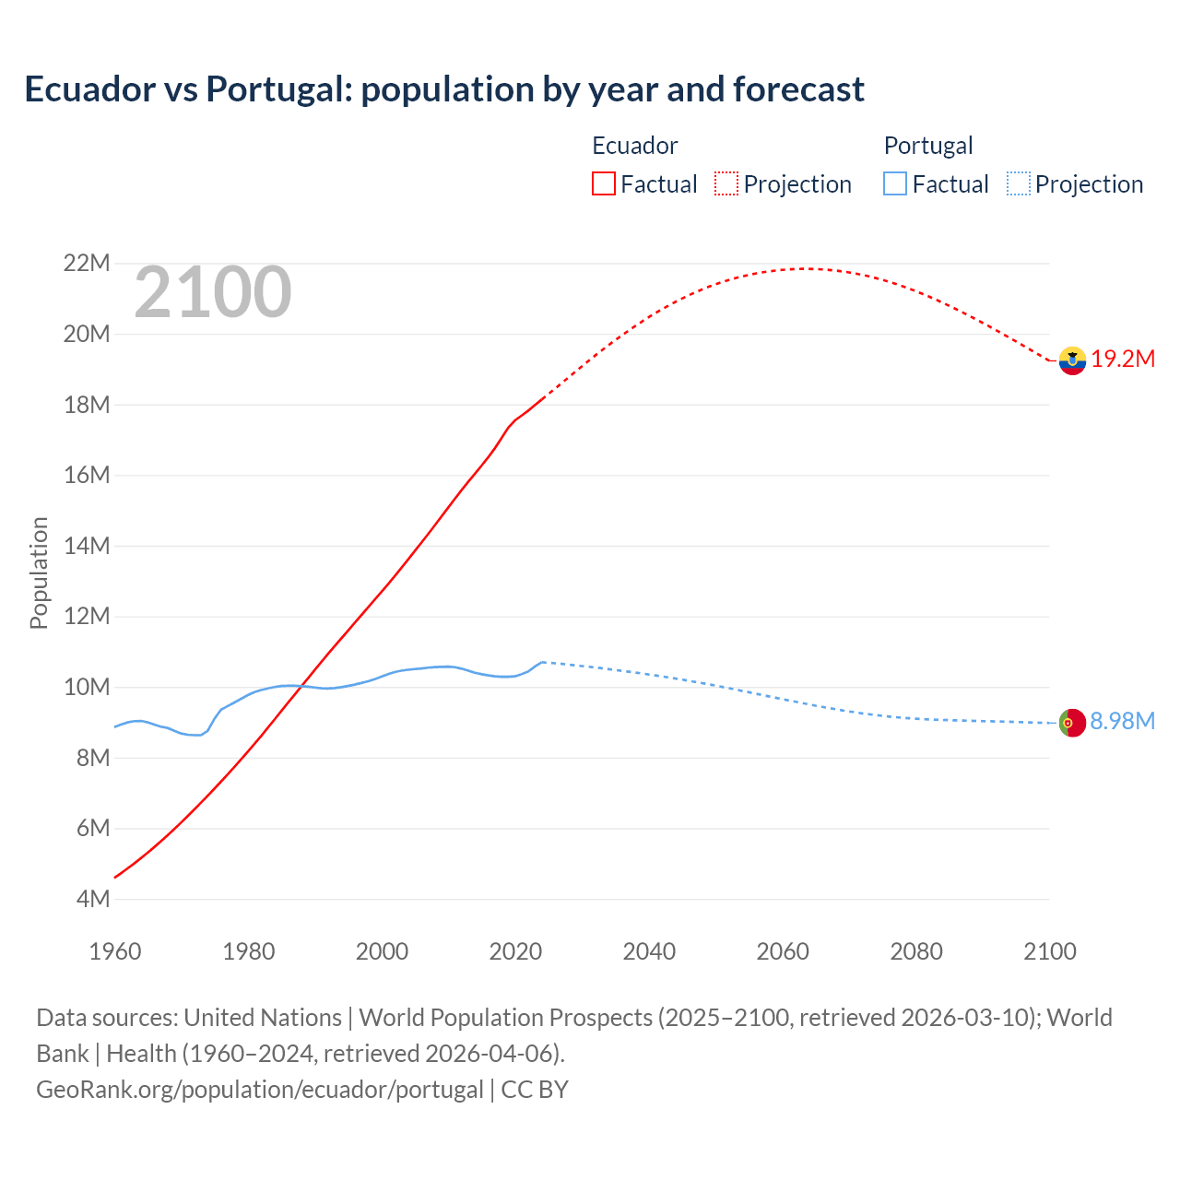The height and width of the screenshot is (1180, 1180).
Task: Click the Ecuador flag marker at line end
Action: [x=1072, y=360]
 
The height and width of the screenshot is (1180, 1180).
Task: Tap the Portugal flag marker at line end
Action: [x=1072, y=723]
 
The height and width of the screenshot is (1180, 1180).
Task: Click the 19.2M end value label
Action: [x=1123, y=360]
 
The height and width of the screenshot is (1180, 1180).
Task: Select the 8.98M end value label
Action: [x=1122, y=721]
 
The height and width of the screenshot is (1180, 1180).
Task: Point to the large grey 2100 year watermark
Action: [x=213, y=293]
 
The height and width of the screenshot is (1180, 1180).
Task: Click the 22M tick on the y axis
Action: [x=86, y=264]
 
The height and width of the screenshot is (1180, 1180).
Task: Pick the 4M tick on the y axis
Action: [x=92, y=899]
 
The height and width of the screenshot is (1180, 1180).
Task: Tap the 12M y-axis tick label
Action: [x=87, y=616]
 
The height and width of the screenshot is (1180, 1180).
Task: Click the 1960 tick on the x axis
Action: [x=115, y=951]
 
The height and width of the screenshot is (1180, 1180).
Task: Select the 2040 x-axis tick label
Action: [x=649, y=951]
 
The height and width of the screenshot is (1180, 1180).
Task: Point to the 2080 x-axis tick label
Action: [x=916, y=951]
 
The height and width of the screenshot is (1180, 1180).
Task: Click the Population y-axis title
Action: [x=39, y=572]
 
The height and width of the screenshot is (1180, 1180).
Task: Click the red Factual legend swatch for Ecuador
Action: [x=604, y=183]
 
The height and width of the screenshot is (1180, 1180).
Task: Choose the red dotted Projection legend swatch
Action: [x=726, y=183]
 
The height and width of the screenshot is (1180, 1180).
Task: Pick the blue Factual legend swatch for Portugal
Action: [x=895, y=183]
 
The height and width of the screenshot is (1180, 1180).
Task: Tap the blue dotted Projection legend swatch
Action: [x=1019, y=183]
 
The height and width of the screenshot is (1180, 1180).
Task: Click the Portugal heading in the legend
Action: [x=928, y=146]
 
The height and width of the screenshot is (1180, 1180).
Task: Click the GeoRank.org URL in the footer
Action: [x=260, y=1090]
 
